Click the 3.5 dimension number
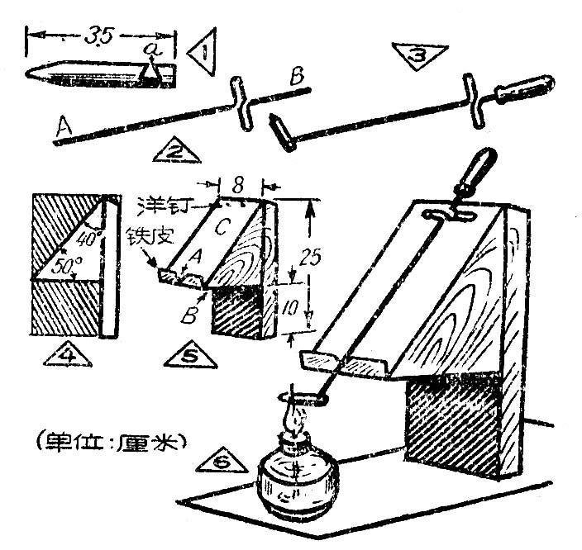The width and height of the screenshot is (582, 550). point(98,37)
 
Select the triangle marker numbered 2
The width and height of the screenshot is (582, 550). point(176,151)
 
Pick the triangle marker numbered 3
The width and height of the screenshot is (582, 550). point(419,55)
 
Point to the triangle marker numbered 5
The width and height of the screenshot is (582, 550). point(190,355)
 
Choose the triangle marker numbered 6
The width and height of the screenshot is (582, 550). point(222,461)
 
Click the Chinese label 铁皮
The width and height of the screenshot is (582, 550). point(150,236)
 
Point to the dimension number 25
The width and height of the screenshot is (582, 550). point(310,257)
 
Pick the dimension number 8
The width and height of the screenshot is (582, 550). point(240,184)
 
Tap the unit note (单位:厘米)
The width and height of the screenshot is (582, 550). point(111,442)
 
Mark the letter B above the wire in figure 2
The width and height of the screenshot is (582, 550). point(297,77)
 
